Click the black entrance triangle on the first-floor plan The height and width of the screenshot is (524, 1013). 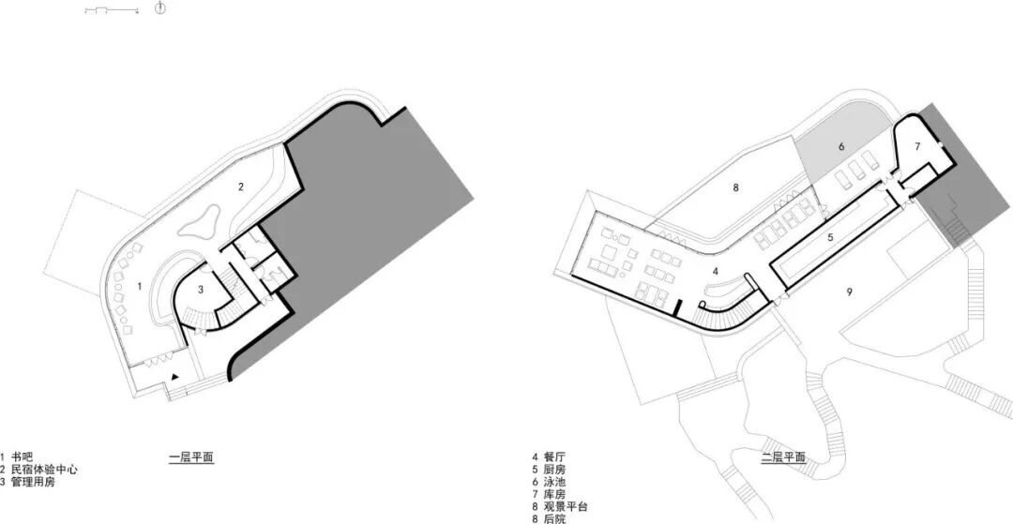coord(175,376)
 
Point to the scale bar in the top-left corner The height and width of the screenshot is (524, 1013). coord(112,9)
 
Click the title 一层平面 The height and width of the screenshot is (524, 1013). coord(192,458)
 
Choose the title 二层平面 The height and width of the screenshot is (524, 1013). coord(784,458)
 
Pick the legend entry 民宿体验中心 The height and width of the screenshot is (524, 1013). coord(44,469)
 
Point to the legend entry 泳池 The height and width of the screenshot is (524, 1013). coord(553,481)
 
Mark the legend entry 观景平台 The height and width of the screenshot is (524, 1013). coord(565,505)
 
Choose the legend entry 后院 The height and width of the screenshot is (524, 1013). coord(553,517)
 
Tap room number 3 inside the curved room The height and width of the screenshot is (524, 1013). coord(201,291)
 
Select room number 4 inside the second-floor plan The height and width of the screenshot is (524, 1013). coord(716,271)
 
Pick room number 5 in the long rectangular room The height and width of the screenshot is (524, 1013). coord(830,238)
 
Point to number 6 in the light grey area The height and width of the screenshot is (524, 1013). coord(841,146)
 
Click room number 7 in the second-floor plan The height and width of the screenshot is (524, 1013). coord(917,146)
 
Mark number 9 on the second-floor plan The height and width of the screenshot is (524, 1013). coord(849,292)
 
